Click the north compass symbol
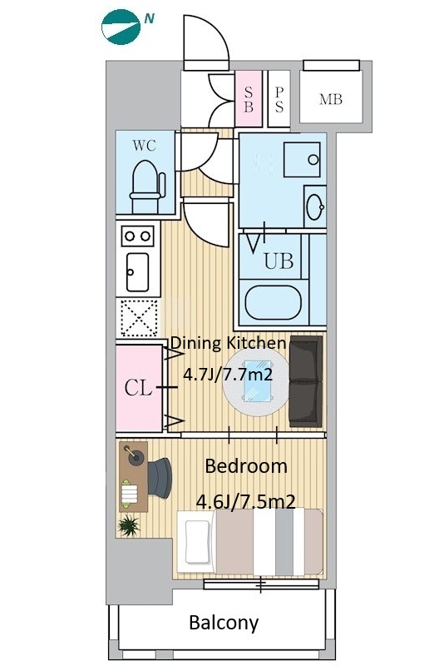(121, 27)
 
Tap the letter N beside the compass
(149, 18)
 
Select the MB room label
(331, 99)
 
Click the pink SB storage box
(249, 99)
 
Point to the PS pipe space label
(279, 99)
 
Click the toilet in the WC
(147, 186)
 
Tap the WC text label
(144, 146)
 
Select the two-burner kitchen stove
(138, 236)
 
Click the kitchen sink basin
(138, 272)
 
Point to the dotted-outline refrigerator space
(139, 317)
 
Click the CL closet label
(138, 388)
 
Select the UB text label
(279, 261)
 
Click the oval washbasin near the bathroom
(314, 207)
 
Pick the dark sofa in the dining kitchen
(306, 382)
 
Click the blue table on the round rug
(258, 382)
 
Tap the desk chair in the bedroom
(160, 478)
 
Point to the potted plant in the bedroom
(129, 525)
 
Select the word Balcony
(224, 623)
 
